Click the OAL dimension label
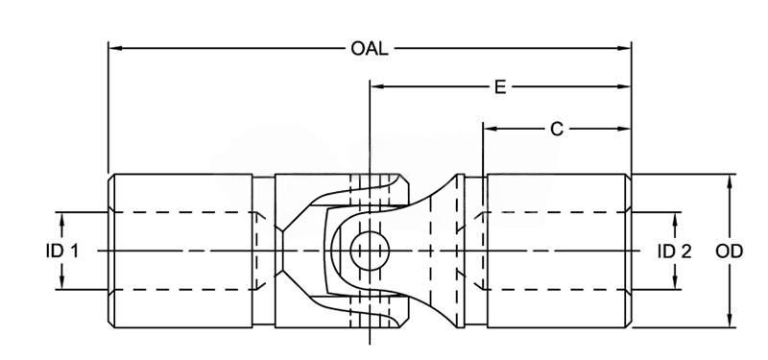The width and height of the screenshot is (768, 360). (370, 49)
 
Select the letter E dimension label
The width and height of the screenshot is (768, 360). (499, 86)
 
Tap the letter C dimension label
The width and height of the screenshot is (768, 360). (557, 129)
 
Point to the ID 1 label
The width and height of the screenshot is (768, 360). (61, 252)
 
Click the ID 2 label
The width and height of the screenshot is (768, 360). (675, 252)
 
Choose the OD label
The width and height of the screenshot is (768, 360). (730, 252)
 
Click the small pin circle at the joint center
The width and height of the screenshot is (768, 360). (370, 251)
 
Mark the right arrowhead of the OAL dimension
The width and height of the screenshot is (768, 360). (624, 49)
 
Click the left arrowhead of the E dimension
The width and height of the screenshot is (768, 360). (377, 86)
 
